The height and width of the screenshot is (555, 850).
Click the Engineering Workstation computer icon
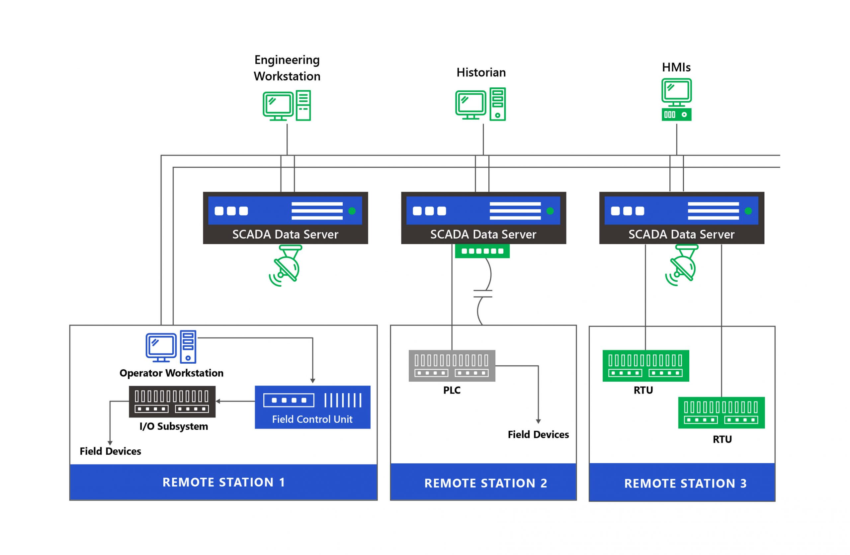pyautogui.click(x=287, y=106)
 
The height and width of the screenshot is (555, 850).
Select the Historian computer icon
pyautogui.click(x=480, y=104)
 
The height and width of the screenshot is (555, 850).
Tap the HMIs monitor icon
pyautogui.click(x=676, y=99)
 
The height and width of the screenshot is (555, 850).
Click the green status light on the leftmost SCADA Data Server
pyautogui.click(x=352, y=211)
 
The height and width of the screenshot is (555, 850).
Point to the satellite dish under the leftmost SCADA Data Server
pyautogui.click(x=286, y=266)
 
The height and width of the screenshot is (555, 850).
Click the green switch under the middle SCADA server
pyautogui.click(x=482, y=251)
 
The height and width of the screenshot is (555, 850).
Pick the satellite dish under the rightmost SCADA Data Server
pyautogui.click(x=682, y=266)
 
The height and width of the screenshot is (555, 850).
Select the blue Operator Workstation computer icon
pyautogui.click(x=171, y=347)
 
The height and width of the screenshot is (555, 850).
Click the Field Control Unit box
pyautogui.click(x=312, y=407)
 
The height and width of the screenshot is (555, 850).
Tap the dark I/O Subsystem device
pyautogui.click(x=172, y=402)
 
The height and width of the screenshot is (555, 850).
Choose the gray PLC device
pyautogui.click(x=452, y=365)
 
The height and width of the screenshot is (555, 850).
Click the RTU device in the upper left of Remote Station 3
pyautogui.click(x=646, y=365)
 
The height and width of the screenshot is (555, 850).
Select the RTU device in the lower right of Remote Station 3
pyautogui.click(x=722, y=413)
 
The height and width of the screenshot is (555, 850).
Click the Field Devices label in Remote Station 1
pyautogui.click(x=110, y=451)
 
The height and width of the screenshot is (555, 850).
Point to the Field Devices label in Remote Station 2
pyautogui.click(x=538, y=434)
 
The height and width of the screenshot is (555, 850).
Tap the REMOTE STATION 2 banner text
pyautogui.click(x=486, y=483)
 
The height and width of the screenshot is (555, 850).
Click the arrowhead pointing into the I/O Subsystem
pyautogui.click(x=218, y=401)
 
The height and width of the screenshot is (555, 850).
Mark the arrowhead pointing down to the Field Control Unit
pyautogui.click(x=312, y=381)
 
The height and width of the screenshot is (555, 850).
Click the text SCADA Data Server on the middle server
pyautogui.click(x=483, y=234)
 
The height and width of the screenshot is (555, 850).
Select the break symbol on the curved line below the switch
pyautogui.click(x=483, y=294)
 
